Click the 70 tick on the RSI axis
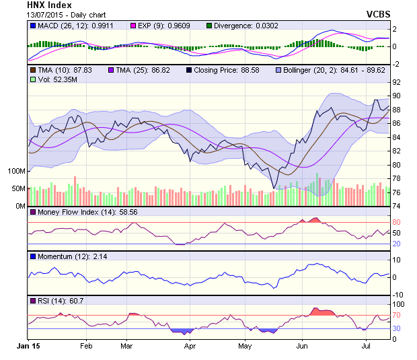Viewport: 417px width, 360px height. coord(397,315)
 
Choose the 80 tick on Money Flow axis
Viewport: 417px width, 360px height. coord(397,222)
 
